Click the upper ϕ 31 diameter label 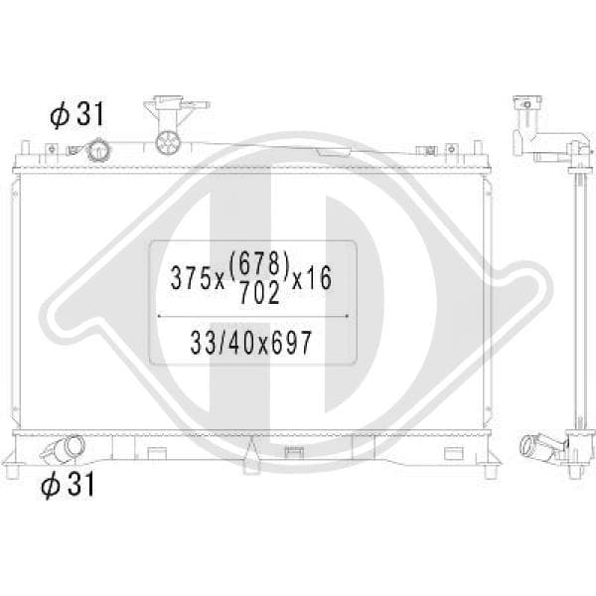point(76,114)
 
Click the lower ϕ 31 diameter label point(68,484)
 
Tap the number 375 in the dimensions point(191,278)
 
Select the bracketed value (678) point(260,264)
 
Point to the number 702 point(260,293)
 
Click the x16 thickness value point(312,278)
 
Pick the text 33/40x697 point(251,343)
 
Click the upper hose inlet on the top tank point(98,150)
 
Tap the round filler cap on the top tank point(167,142)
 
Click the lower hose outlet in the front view point(66,449)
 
